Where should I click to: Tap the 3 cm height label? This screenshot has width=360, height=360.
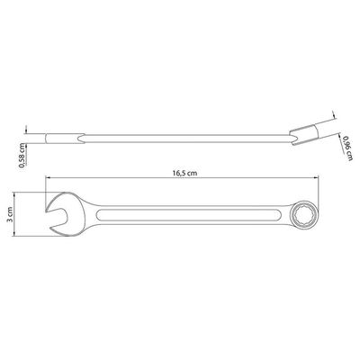point(10,214)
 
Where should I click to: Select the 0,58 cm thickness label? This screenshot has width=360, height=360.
point(22,155)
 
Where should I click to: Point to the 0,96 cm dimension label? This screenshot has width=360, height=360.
point(347,148)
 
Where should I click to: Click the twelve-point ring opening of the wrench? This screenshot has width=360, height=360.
point(303,213)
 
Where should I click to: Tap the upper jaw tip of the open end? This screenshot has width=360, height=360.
point(47,211)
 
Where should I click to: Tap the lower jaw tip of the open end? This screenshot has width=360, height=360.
point(50,229)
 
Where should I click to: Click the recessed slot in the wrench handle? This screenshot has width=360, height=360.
point(189,214)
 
